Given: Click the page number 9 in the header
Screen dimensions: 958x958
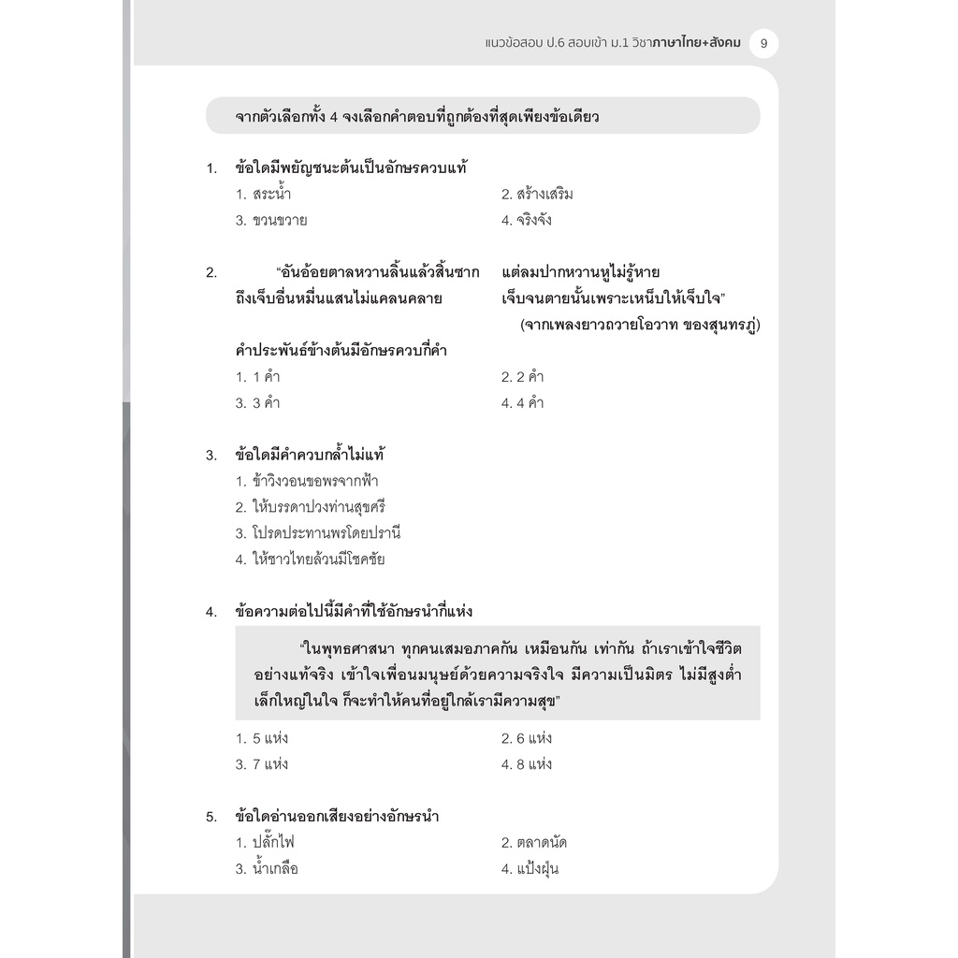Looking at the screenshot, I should tap(764, 43).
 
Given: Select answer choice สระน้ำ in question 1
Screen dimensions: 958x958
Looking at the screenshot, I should tap(269, 195).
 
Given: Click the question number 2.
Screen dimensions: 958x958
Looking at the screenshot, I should tap(210, 273).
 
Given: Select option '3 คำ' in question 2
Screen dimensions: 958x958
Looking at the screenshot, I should tap(258, 403).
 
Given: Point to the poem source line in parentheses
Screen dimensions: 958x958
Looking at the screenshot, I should tap(639, 325).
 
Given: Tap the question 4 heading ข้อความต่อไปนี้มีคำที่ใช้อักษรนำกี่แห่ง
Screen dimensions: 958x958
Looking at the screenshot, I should tap(354, 612).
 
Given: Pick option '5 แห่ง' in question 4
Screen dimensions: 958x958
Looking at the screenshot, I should tap(262, 738).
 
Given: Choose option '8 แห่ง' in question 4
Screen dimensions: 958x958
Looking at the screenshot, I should tap(527, 764).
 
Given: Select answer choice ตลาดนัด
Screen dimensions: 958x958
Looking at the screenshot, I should tap(534, 843).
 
